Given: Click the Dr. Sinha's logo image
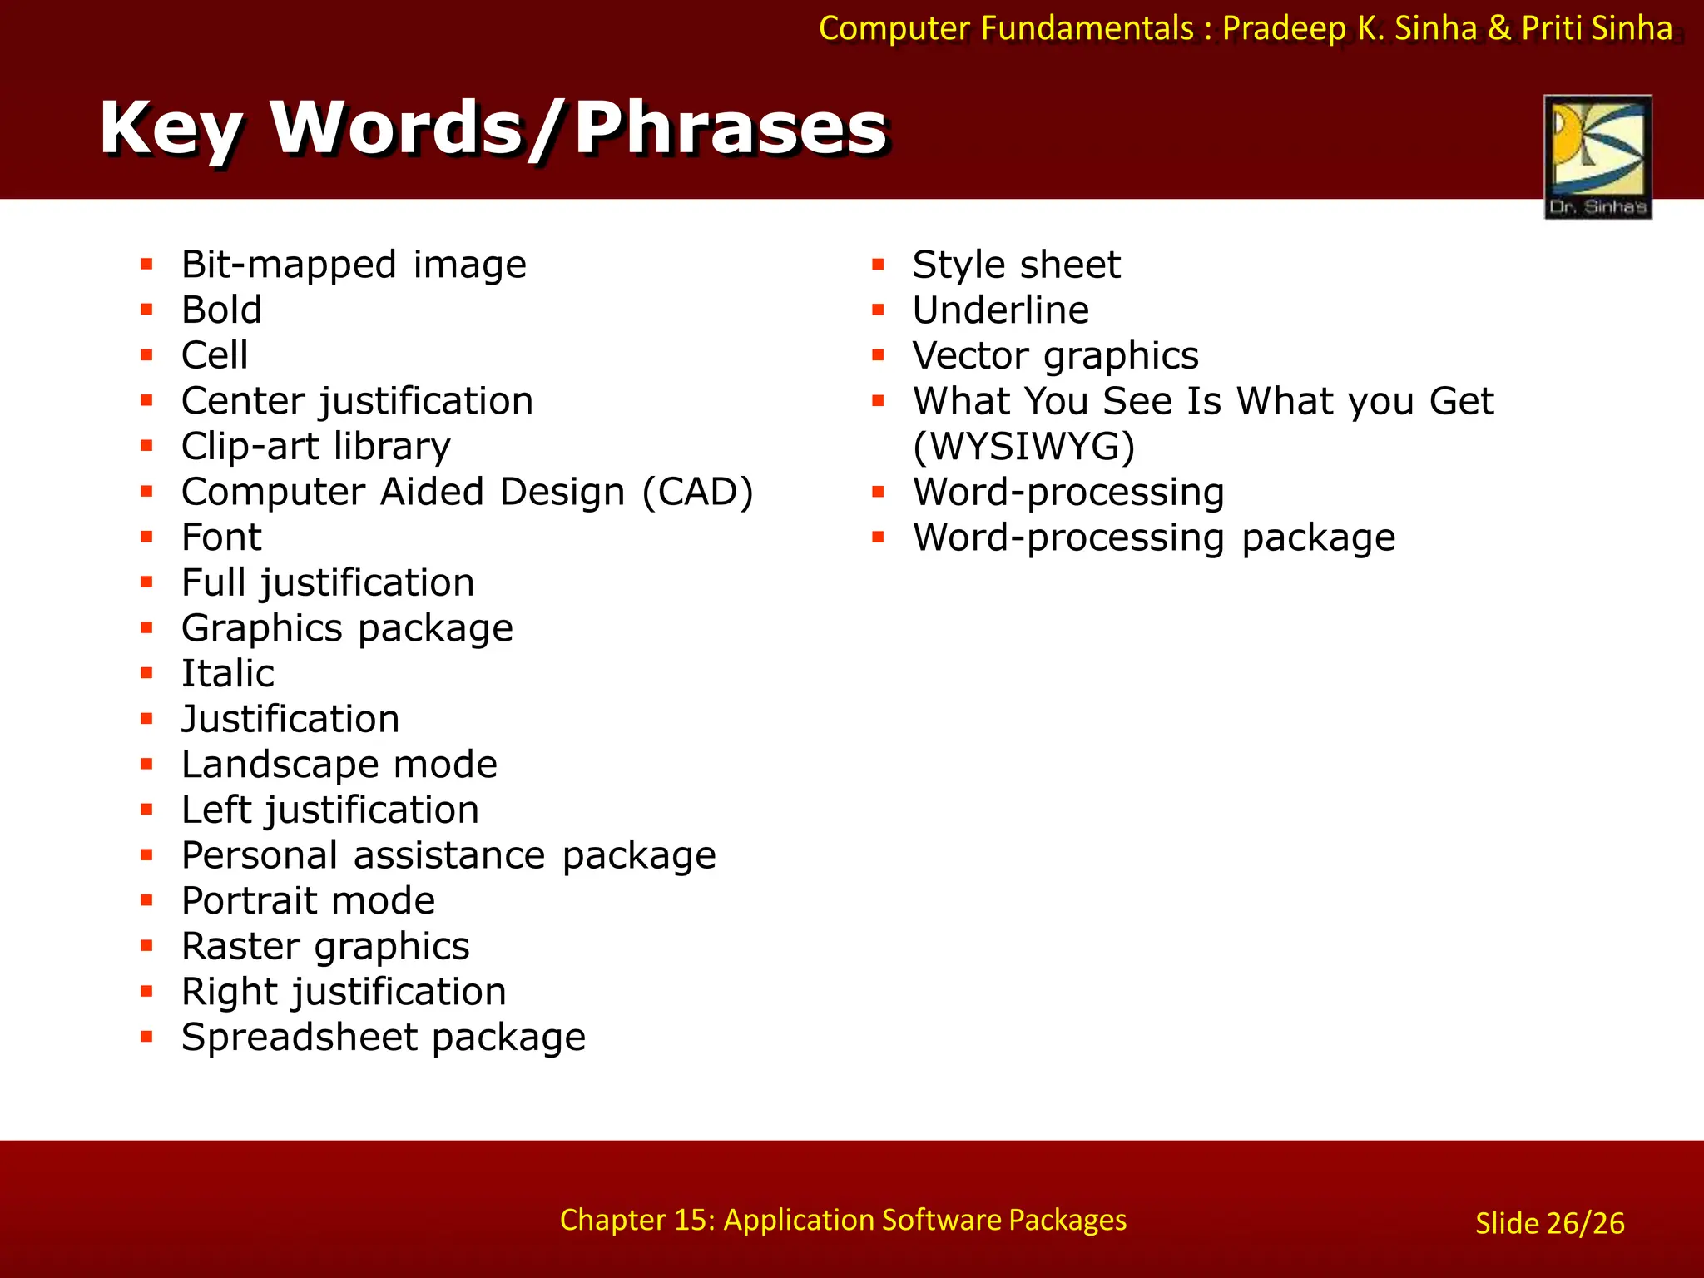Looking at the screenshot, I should point(1597,157).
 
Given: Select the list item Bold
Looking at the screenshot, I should point(221,310).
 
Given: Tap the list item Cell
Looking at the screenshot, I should point(215,355).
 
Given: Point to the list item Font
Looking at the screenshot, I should point(221,537).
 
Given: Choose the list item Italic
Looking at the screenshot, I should point(228,673).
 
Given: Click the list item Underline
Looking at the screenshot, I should point(1000,310).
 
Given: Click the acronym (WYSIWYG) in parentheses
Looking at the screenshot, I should point(1023,447).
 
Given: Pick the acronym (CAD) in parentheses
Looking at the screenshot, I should point(697,492).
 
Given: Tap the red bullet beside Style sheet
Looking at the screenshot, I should point(878,265).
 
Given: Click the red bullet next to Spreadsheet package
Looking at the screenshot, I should point(147,1037).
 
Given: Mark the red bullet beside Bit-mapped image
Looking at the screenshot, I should point(147,265).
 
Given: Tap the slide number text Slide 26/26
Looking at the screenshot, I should point(1549,1223).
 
